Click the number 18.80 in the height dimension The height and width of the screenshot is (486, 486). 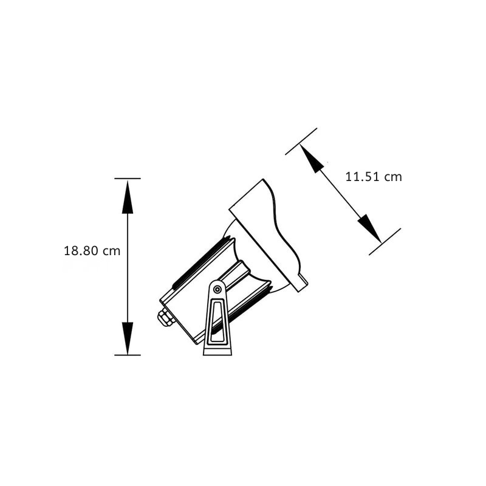81,251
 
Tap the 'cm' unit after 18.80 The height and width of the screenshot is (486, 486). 111,252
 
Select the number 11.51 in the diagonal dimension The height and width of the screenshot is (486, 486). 362,177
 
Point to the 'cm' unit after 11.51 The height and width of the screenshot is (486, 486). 393,177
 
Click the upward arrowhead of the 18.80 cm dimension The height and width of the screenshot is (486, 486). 128,197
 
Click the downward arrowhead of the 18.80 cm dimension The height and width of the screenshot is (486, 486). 128,338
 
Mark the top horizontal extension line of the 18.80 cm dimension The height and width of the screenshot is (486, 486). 128,179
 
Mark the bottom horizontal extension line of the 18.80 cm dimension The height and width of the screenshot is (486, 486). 128,355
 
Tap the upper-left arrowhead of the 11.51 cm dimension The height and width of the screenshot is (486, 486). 312,158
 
